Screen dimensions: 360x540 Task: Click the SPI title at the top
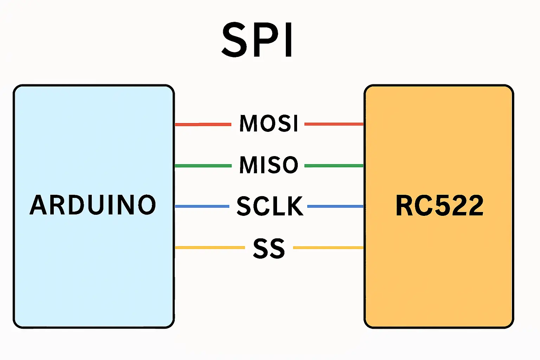pyautogui.click(x=257, y=40)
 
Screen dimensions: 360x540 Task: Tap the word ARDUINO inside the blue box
pyautogui.click(x=93, y=205)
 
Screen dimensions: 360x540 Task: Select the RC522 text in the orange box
pyautogui.click(x=439, y=206)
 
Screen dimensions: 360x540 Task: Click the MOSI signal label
pyautogui.click(x=269, y=123)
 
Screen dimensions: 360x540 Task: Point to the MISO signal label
pyautogui.click(x=269, y=165)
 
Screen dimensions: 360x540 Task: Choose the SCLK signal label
pyautogui.click(x=270, y=206)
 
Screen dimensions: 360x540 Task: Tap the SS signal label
pyautogui.click(x=269, y=248)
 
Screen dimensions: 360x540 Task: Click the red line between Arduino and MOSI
pyautogui.click(x=203, y=124)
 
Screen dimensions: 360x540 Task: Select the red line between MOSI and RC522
pyautogui.click(x=334, y=124)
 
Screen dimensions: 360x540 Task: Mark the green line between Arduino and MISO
pyautogui.click(x=203, y=166)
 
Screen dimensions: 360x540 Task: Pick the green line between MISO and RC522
pyautogui.click(x=334, y=166)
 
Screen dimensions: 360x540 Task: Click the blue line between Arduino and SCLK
pyautogui.click(x=202, y=206)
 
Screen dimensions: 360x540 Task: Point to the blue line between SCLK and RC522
pyautogui.click(x=335, y=206)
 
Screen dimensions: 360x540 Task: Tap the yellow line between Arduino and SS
pyautogui.click(x=210, y=247)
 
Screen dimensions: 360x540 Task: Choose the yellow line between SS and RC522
pyautogui.click(x=328, y=247)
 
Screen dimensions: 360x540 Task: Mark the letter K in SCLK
pyautogui.click(x=295, y=206)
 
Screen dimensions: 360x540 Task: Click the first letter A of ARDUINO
pyautogui.click(x=39, y=205)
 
